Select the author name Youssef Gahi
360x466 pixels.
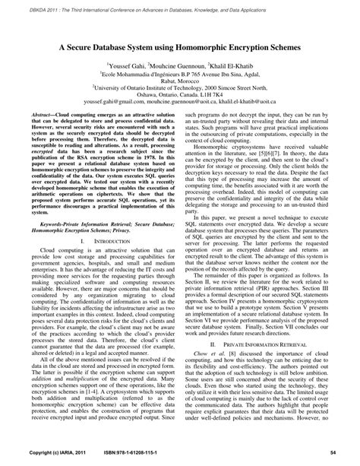tap(129, 66)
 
